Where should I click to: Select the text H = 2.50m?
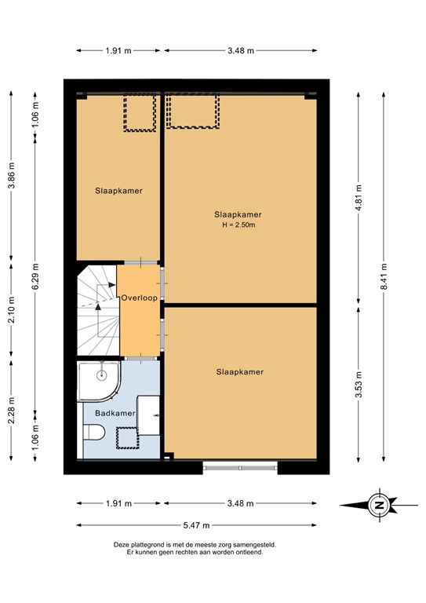click(x=239, y=226)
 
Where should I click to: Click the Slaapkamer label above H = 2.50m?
click(x=238, y=214)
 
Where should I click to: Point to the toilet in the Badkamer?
click(x=93, y=433)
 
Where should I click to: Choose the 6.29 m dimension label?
click(x=35, y=276)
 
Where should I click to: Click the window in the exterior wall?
click(x=240, y=468)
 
